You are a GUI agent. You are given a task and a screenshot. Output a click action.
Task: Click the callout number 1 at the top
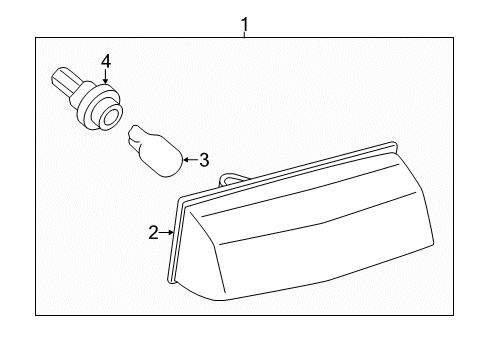click(x=244, y=22)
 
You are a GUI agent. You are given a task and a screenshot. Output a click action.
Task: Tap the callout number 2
click(x=153, y=233)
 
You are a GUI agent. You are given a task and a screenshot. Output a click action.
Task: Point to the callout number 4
click(x=104, y=63)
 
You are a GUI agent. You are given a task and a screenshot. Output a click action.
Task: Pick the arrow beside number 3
click(x=189, y=158)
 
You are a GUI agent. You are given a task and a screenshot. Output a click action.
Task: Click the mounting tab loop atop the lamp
click(x=231, y=180)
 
